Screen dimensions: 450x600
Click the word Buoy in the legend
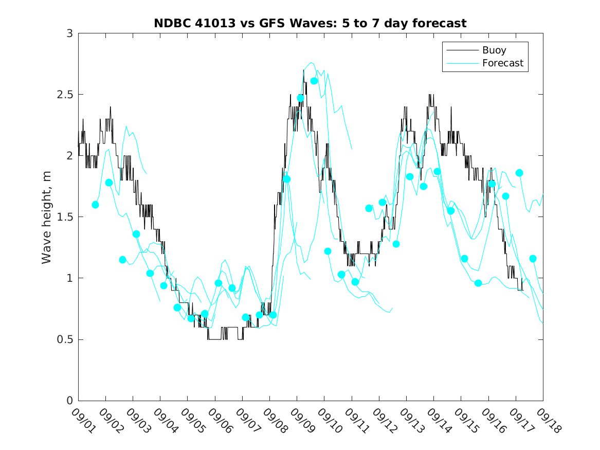pos(494,50)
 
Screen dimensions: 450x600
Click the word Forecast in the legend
pos(502,63)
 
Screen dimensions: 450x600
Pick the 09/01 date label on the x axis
pos(82,420)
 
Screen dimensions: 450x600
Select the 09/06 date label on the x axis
pos(219,420)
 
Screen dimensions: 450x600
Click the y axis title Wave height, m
pos(47,217)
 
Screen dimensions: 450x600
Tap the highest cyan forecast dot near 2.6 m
pos(314,81)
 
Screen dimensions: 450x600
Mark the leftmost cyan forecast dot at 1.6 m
pos(95,205)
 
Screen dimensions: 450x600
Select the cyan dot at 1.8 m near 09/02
pos(109,183)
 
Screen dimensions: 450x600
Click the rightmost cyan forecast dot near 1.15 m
pos(533,259)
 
